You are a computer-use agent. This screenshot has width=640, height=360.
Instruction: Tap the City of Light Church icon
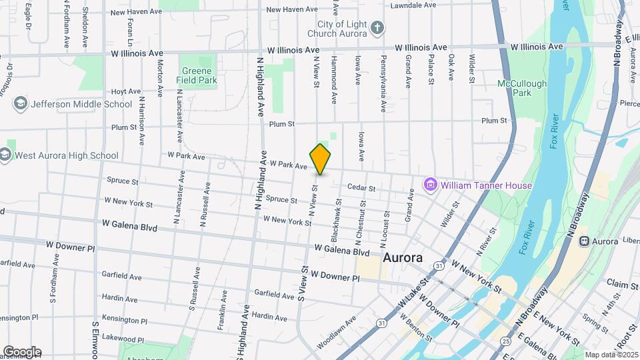(377, 28)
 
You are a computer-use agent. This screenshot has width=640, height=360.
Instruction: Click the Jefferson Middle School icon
(21, 104)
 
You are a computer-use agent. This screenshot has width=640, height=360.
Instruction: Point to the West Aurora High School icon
(6, 155)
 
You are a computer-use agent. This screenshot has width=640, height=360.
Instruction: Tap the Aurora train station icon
(584, 240)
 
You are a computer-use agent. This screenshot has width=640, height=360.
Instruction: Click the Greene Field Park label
(197, 75)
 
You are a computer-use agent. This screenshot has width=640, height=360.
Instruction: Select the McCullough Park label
(522, 88)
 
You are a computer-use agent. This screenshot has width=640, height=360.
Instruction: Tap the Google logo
(22, 352)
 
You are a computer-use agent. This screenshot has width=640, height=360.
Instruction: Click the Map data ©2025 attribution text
(611, 355)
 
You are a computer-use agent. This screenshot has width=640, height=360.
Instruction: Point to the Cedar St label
(361, 188)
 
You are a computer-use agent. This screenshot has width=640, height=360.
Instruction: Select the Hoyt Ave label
(126, 91)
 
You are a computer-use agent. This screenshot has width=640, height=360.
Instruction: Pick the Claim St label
(623, 285)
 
